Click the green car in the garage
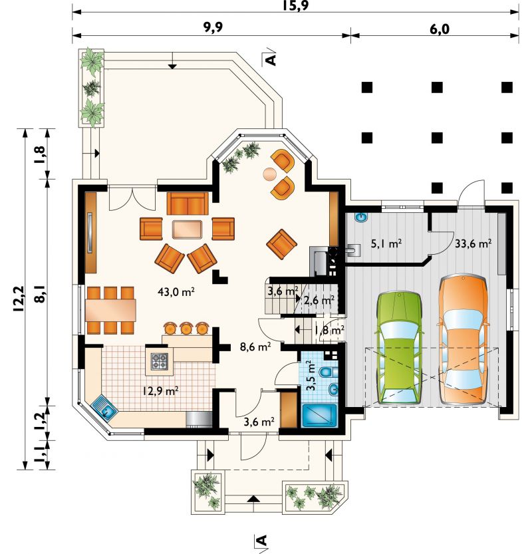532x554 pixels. [x=400, y=348]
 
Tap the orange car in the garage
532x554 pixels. [x=463, y=339]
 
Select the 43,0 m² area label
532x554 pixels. [x=176, y=292]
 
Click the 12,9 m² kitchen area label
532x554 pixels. [x=160, y=391]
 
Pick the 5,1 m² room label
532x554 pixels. [x=386, y=243]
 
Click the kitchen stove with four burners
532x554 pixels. [x=160, y=361]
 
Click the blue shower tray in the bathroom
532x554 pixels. [x=320, y=416]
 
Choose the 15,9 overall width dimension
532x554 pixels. [x=296, y=5]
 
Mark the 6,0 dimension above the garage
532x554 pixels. [x=440, y=29]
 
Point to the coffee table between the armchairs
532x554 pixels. [x=188, y=229]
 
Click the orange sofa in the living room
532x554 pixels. [x=188, y=204]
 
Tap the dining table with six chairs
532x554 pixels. [x=110, y=310]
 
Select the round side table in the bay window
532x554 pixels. [x=270, y=174]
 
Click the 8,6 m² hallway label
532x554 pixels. [x=255, y=346]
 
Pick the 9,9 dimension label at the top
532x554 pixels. [x=213, y=28]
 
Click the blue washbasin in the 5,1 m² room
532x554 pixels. [x=361, y=217]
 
